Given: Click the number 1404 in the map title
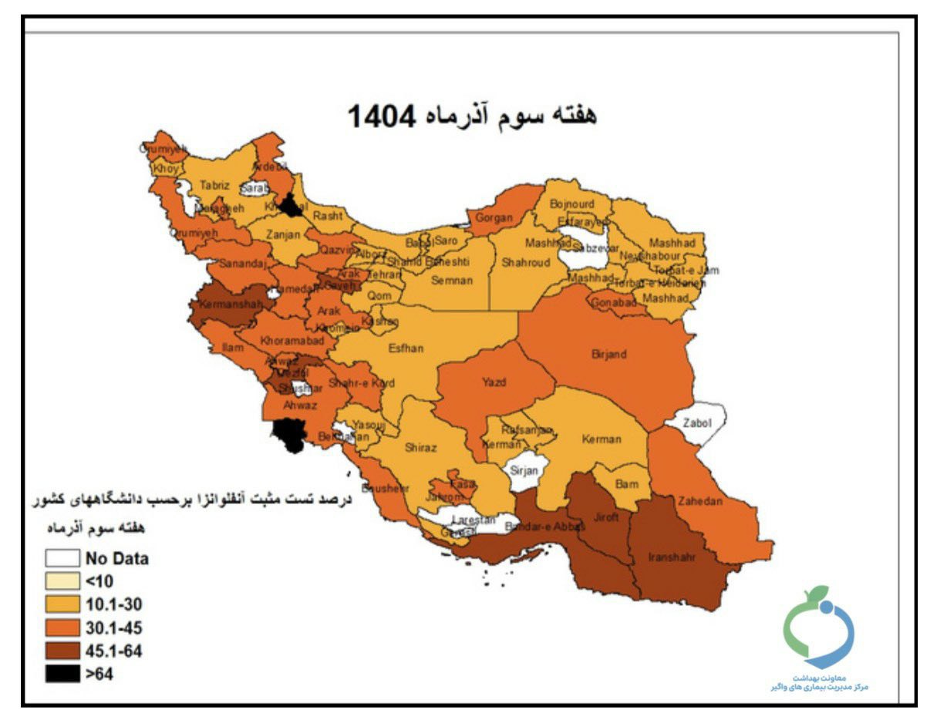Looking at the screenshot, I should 382,116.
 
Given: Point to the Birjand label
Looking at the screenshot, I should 608,355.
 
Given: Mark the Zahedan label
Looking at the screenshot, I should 699,501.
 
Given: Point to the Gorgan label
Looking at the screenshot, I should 494,218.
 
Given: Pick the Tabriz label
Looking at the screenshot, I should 215,185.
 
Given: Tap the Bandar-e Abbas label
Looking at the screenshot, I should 534,528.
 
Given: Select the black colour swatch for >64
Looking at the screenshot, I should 62,674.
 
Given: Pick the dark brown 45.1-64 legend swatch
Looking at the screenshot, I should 62,651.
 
